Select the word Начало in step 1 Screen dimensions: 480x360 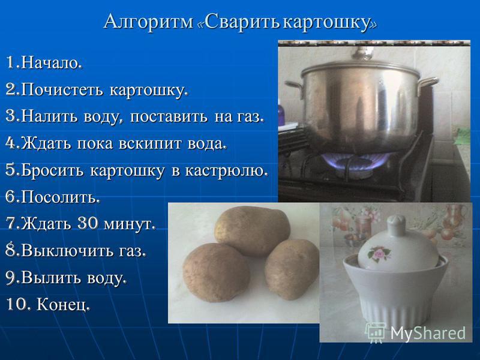coord(51,63)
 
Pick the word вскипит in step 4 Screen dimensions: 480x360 coord(149,144)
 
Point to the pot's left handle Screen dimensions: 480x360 coord(294,86)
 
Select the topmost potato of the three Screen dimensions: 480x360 coord(251,230)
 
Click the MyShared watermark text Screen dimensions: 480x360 coord(428,333)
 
